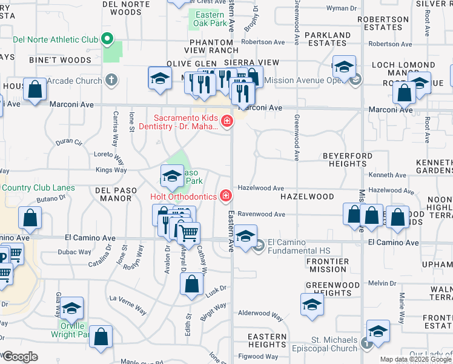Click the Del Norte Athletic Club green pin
tap(107, 39)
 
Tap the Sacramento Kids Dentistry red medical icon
tap(227, 121)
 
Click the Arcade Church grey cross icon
tap(111, 79)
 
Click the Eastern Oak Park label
tap(209, 19)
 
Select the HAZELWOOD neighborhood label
tap(307, 197)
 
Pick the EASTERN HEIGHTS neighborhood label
tap(266, 340)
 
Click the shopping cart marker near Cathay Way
tap(189, 232)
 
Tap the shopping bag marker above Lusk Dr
tap(191, 284)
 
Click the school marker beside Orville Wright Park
tap(71, 309)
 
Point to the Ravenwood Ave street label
tap(261, 214)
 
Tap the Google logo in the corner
tap(19, 357)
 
